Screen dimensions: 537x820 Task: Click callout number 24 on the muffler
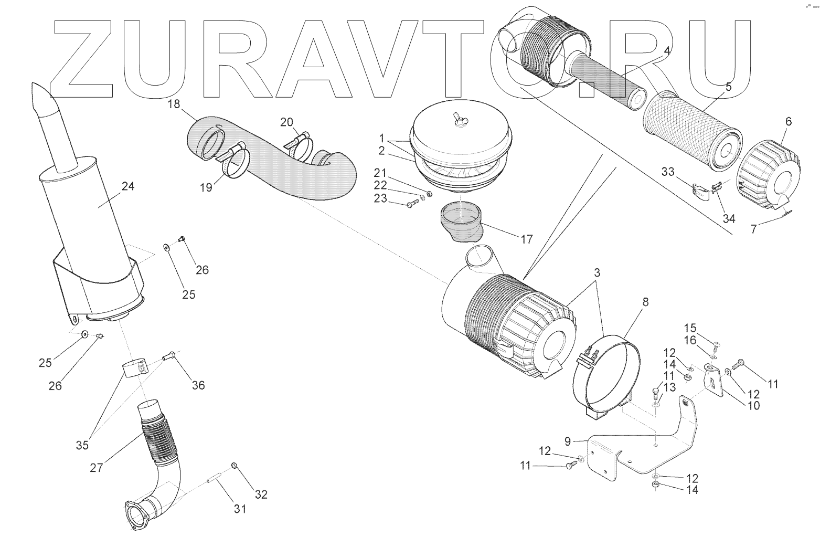pos(127,186)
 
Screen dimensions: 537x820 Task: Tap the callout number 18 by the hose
pos(174,104)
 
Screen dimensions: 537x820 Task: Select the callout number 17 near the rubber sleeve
pos(526,239)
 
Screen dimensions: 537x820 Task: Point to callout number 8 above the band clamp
pos(645,302)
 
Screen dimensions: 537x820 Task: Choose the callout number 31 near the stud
pos(240,508)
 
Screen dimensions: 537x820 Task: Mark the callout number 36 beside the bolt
pos(198,385)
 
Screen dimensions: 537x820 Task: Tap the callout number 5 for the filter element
pos(728,87)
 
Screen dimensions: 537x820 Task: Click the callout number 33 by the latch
pos(667,172)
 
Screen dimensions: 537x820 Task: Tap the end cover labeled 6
pos(770,171)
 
